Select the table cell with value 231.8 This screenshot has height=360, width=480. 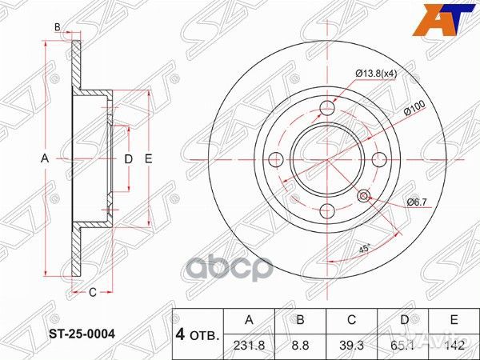[248, 347]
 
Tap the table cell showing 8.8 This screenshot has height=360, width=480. [300, 347]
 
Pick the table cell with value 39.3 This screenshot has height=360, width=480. [352, 347]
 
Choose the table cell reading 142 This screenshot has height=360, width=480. [454, 347]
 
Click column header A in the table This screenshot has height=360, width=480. [248, 321]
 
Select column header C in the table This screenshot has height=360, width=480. [352, 321]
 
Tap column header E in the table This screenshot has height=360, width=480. [454, 321]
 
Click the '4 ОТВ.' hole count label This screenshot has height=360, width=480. [197, 334]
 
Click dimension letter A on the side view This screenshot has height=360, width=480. [45, 159]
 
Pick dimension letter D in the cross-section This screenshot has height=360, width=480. [127, 159]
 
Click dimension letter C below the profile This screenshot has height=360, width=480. [92, 292]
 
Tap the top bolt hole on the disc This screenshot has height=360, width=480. [328, 110]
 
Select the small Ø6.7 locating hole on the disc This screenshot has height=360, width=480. [365, 195]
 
